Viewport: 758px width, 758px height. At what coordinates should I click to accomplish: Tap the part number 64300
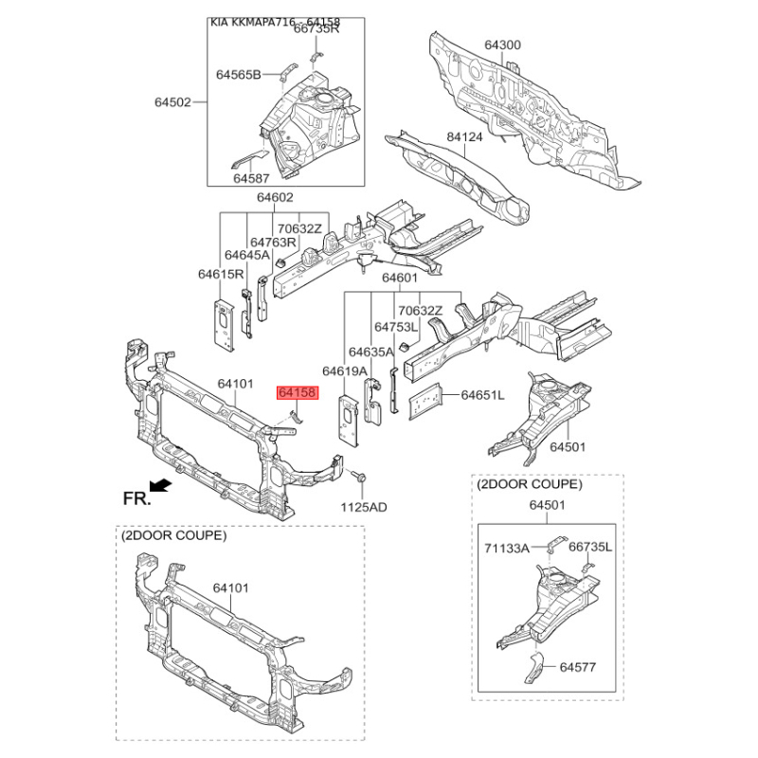pos(503,45)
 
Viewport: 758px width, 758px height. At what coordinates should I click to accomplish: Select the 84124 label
pos(465,138)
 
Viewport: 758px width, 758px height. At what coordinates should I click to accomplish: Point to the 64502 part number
pos(173,101)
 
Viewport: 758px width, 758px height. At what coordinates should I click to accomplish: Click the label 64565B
pos(238,74)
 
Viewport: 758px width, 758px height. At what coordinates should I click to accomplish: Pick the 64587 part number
pos(253,178)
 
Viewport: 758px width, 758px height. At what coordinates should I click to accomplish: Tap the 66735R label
pos(316,28)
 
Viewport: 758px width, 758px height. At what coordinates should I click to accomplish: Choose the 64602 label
pos(275,198)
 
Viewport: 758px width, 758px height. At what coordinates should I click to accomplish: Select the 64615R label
pos(222,274)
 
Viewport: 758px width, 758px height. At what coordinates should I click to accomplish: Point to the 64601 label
pos(400,279)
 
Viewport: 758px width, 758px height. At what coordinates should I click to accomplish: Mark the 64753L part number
pos(396,327)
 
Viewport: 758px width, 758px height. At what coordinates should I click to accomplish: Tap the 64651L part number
pos(482,394)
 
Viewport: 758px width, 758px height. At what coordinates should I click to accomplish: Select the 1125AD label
pos(364,507)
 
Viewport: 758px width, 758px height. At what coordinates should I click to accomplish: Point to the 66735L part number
pos(590,548)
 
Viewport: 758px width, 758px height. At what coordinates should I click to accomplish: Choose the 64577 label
pos(578,667)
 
